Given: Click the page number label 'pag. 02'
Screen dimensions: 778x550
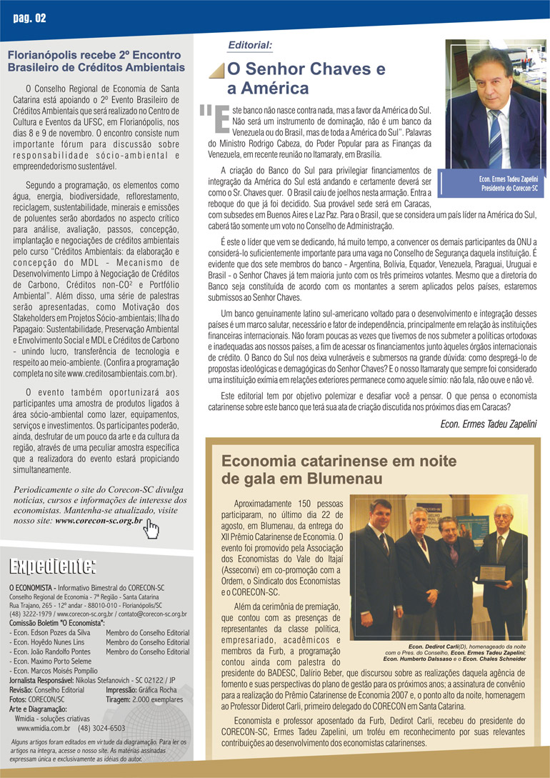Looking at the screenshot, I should click(x=29, y=18).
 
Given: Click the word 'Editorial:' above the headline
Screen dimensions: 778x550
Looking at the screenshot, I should click(x=250, y=45).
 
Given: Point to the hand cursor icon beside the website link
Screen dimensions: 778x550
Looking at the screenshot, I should click(x=151, y=529).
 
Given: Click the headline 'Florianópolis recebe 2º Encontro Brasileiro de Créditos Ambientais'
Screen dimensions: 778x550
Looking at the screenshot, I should click(x=96, y=61).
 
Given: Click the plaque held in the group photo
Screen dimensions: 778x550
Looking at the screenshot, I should click(x=493, y=574).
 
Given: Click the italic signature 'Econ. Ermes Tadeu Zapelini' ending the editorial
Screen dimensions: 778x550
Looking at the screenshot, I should click(x=489, y=424).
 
